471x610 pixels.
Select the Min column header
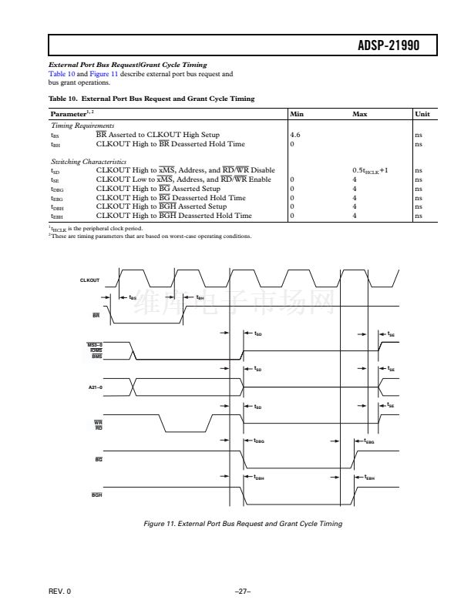tap(297, 114)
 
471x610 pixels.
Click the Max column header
tap(359, 114)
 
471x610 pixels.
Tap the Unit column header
tap(422, 114)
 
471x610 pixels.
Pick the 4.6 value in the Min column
tap(295, 134)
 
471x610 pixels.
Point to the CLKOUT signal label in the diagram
tap(90, 280)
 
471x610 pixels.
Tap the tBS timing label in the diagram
tap(133, 297)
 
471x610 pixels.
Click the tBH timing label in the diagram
tap(200, 297)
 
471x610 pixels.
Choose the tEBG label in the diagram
tap(370, 441)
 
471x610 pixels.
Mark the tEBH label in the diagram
tap(370, 477)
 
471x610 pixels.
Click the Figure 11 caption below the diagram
tap(243, 524)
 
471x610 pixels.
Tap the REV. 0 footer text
tap(58, 591)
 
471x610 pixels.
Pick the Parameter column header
tap(68, 114)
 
